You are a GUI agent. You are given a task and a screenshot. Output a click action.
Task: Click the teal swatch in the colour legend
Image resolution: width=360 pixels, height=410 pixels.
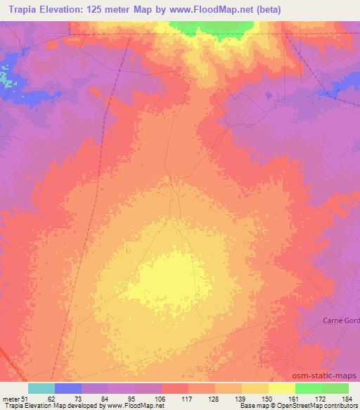pyautogui.click(x=41, y=387)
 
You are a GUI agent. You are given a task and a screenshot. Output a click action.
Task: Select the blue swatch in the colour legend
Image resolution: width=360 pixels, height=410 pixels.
pyautogui.click(x=68, y=387)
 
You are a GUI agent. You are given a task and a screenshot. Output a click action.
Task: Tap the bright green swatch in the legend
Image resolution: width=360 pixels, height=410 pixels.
pyautogui.click(x=308, y=387)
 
